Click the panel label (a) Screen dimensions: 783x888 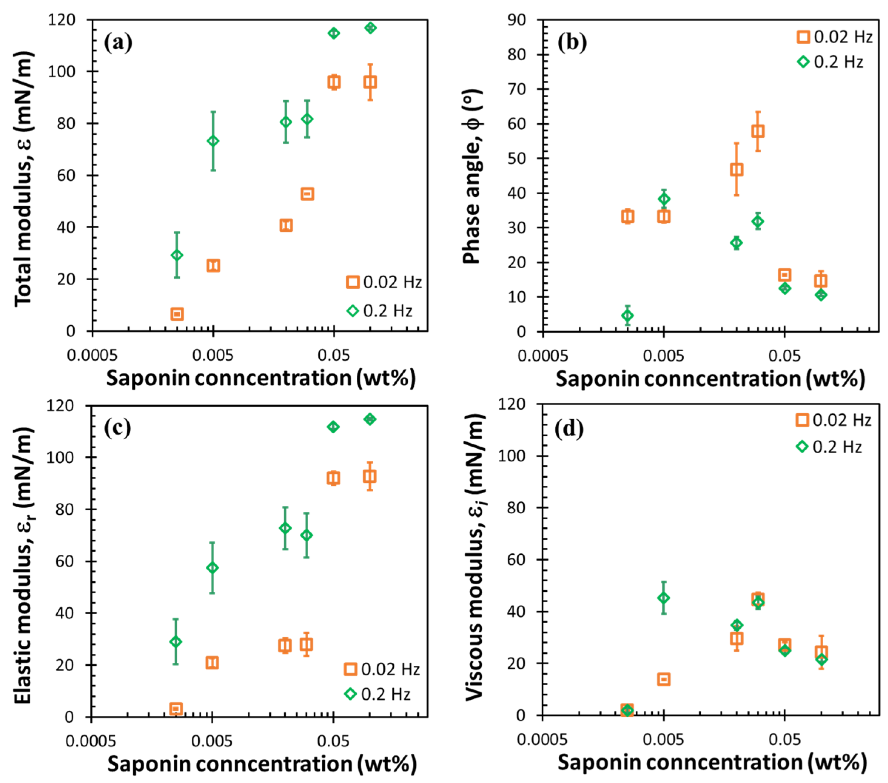(x=118, y=43)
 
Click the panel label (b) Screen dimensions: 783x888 (x=572, y=43)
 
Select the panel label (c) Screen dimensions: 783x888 (x=117, y=429)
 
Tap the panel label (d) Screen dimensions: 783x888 (x=569, y=429)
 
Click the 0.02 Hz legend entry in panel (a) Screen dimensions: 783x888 (x=384, y=282)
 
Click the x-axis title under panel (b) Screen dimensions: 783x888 (x=710, y=379)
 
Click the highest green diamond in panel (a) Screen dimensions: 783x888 (x=370, y=28)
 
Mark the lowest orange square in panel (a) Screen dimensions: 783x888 (x=177, y=314)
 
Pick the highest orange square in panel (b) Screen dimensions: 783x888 (x=758, y=131)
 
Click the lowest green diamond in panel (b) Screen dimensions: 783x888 (x=627, y=316)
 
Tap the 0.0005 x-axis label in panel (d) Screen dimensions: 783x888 (x=542, y=740)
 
